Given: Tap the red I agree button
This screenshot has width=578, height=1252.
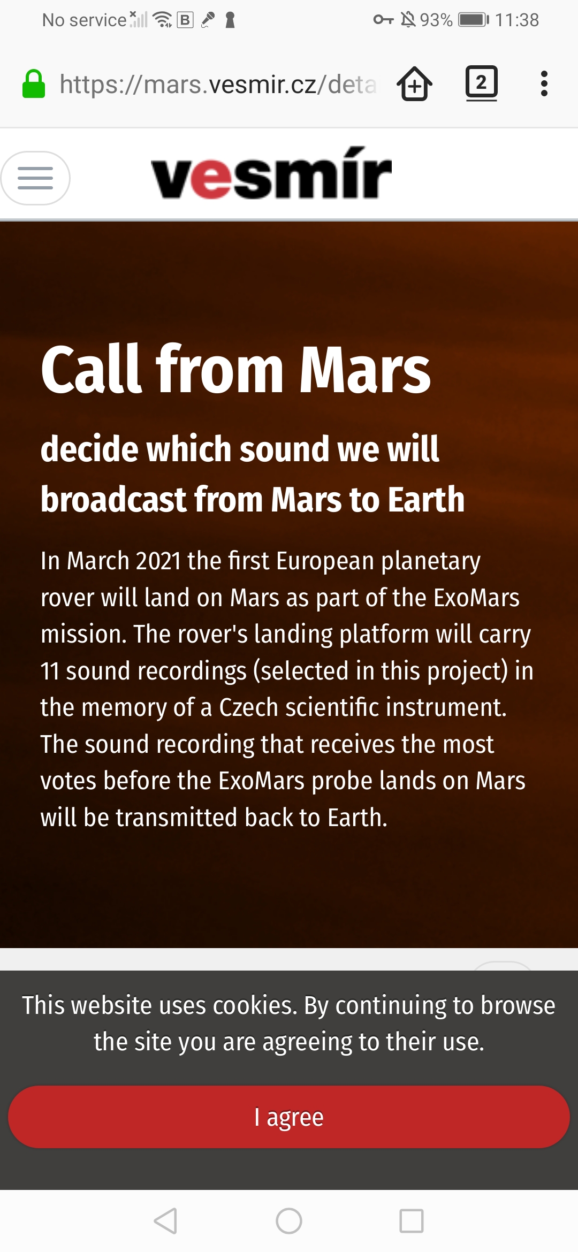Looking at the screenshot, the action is pyautogui.click(x=289, y=1117).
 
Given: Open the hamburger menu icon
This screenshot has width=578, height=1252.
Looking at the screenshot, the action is pyautogui.click(x=35, y=178).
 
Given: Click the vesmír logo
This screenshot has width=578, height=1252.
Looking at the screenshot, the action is pyautogui.click(x=271, y=173).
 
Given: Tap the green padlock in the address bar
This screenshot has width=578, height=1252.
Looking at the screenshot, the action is pyautogui.click(x=33, y=84).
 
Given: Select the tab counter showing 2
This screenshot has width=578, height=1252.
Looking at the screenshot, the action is pyautogui.click(x=482, y=83).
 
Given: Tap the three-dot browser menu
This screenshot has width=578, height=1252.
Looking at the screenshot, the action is pyautogui.click(x=544, y=83).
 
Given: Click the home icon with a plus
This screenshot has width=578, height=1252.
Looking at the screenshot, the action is pyautogui.click(x=415, y=83).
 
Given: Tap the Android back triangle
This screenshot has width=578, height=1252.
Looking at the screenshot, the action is pyautogui.click(x=165, y=1221).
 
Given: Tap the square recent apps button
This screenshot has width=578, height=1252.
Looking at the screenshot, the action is pyautogui.click(x=412, y=1221).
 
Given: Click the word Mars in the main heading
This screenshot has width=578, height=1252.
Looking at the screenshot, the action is pyautogui.click(x=365, y=370).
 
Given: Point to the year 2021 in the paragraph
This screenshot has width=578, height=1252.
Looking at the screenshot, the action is pyautogui.click(x=158, y=561).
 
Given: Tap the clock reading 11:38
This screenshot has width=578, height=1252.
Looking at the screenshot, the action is pyautogui.click(x=516, y=20).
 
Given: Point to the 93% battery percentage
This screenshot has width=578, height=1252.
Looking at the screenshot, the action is pyautogui.click(x=436, y=20).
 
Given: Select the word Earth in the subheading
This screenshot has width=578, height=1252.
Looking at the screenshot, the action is pyautogui.click(x=426, y=499).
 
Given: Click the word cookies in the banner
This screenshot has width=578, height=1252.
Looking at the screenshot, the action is pyautogui.click(x=255, y=1005).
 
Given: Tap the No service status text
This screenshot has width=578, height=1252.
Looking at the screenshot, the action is pyautogui.click(x=84, y=20).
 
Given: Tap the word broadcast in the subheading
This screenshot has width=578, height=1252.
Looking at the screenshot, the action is pyautogui.click(x=113, y=499).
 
